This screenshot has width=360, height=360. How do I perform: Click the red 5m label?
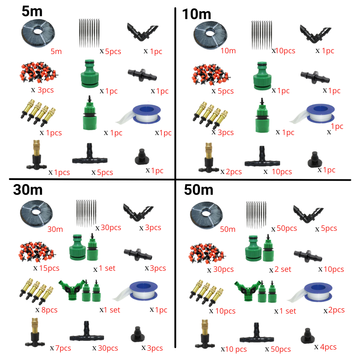(56, 51)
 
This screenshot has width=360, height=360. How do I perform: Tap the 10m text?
(228, 50)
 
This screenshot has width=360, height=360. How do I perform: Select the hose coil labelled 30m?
(36, 212)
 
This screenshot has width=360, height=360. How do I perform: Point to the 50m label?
(228, 229)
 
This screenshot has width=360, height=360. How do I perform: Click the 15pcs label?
(49, 268)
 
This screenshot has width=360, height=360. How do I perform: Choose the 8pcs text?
(49, 310)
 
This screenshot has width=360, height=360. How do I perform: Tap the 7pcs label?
(63, 348)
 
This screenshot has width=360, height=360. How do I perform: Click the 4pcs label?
(328, 347)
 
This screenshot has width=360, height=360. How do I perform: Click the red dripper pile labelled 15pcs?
(36, 252)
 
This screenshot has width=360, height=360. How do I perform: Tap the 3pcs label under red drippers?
(45, 90)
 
